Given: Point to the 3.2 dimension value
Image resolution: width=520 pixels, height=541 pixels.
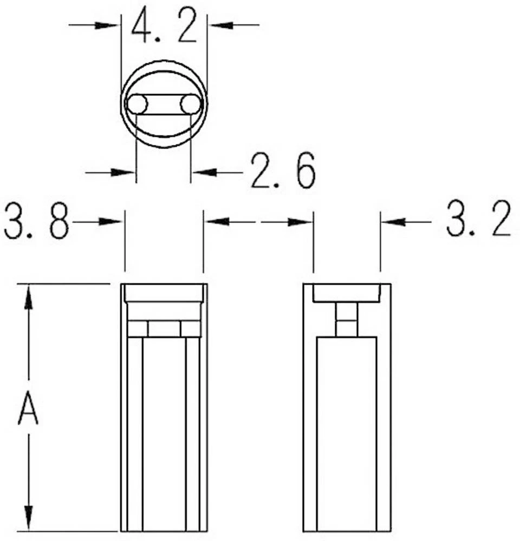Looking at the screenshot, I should coord(479,219).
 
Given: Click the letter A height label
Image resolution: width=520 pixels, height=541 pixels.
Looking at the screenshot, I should coord(28,410).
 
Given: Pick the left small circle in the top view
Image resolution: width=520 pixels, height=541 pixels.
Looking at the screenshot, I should coord(136,104).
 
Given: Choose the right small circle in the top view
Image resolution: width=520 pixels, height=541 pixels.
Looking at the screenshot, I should coord(190,104).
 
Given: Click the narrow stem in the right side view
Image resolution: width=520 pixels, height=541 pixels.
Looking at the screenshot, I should coord(346,319).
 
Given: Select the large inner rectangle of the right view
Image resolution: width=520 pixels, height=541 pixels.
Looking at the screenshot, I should coord(346,433).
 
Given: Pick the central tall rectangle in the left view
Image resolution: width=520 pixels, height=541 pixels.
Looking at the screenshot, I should coord(164,433).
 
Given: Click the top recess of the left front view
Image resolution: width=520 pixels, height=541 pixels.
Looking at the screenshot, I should coord(164,293).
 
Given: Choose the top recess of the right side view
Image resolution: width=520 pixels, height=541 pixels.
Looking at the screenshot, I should coord(346,293).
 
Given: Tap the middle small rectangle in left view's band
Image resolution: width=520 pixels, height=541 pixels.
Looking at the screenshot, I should coord(164,328).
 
